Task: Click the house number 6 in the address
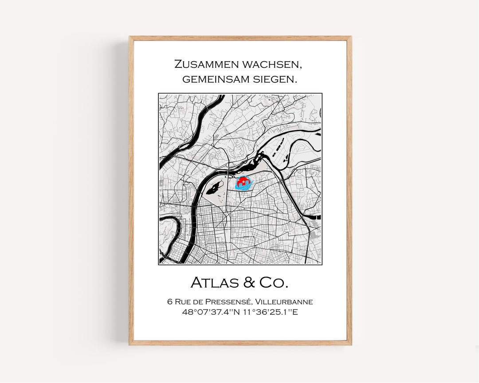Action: [169, 302]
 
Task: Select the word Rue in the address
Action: [183, 302]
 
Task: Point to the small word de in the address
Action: [200, 302]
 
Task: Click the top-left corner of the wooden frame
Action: [130, 37]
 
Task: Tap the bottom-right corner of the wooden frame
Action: [350, 344]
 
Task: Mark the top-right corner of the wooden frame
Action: [350, 37]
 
